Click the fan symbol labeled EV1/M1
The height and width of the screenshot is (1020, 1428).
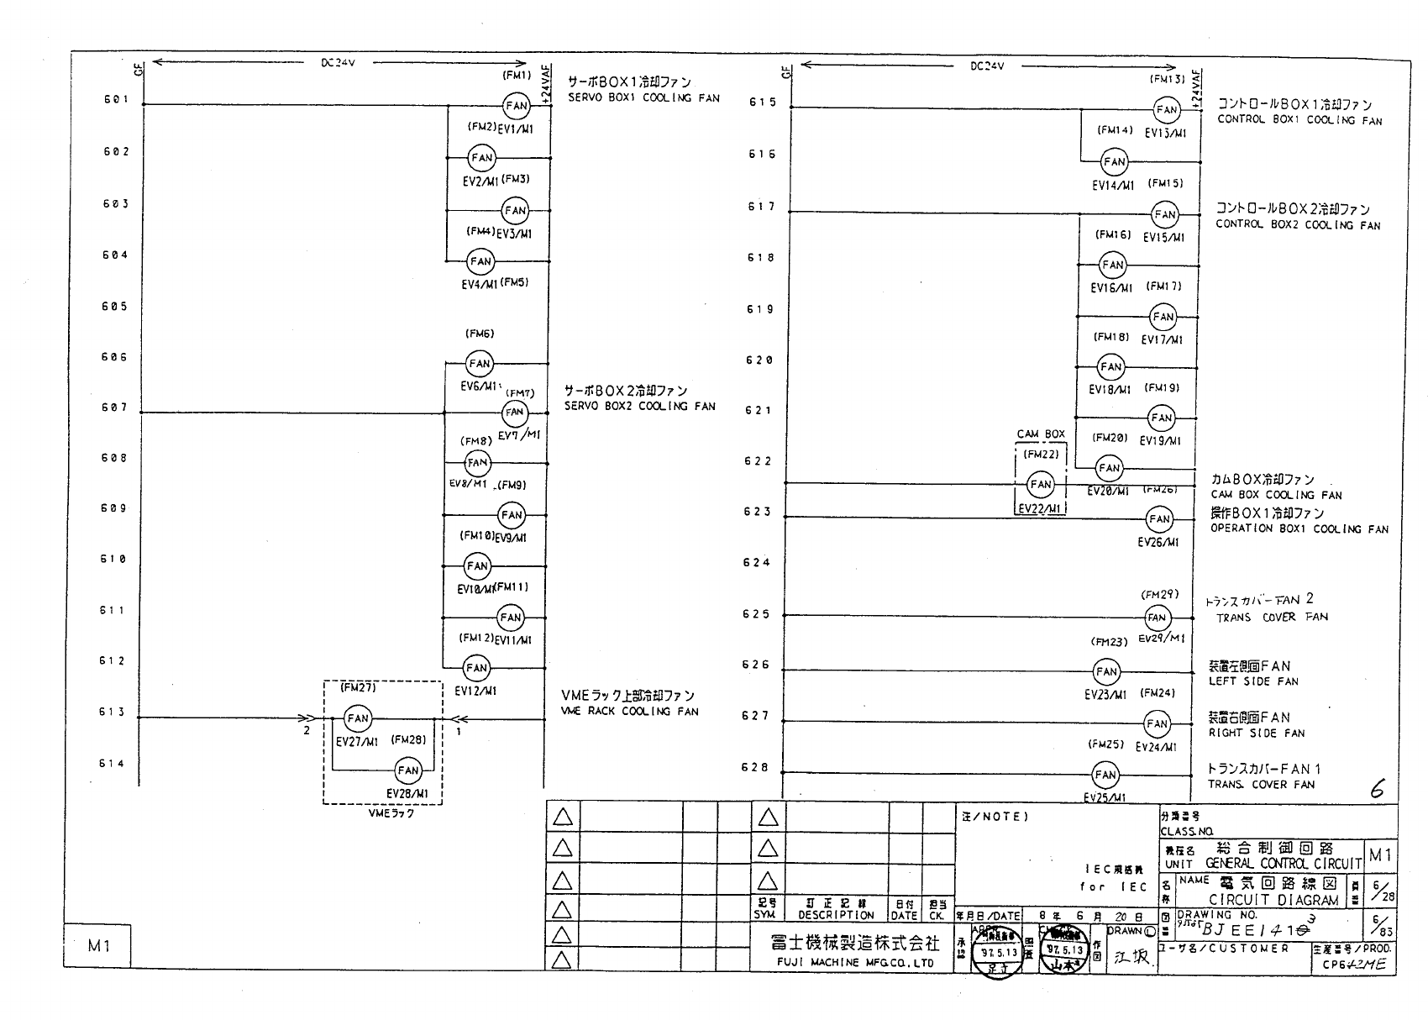pyautogui.click(x=516, y=106)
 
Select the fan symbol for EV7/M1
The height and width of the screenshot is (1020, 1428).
pyautogui.click(x=514, y=413)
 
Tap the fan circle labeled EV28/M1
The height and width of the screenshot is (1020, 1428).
pyautogui.click(x=408, y=770)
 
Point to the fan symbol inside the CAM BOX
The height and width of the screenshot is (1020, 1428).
pyautogui.click(x=1041, y=484)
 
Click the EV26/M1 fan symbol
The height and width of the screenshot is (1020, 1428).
pyautogui.click(x=1159, y=519)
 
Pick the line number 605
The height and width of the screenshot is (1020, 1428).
pyautogui.click(x=114, y=307)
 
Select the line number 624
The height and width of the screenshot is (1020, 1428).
pyautogui.click(x=756, y=563)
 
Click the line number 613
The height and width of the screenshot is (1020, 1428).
pyautogui.click(x=113, y=712)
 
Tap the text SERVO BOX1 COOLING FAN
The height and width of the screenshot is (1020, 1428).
pyautogui.click(x=643, y=98)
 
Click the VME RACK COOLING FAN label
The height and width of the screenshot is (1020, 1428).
pyautogui.click(x=629, y=712)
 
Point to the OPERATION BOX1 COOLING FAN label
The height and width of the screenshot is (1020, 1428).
pyautogui.click(x=1299, y=529)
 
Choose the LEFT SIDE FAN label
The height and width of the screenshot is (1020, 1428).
pyautogui.click(x=1253, y=681)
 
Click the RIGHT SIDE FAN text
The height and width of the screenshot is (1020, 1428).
pyautogui.click(x=1257, y=733)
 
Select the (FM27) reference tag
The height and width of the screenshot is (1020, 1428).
pyautogui.click(x=358, y=688)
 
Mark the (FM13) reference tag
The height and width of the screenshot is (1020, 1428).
pyautogui.click(x=1167, y=80)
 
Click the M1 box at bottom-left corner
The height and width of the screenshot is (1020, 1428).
pyautogui.click(x=98, y=946)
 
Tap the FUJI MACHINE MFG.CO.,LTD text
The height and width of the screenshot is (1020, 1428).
pyautogui.click(x=854, y=963)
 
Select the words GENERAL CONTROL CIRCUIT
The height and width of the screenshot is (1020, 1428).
pyautogui.click(x=1283, y=864)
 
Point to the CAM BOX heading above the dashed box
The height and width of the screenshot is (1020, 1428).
pyautogui.click(x=1041, y=434)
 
